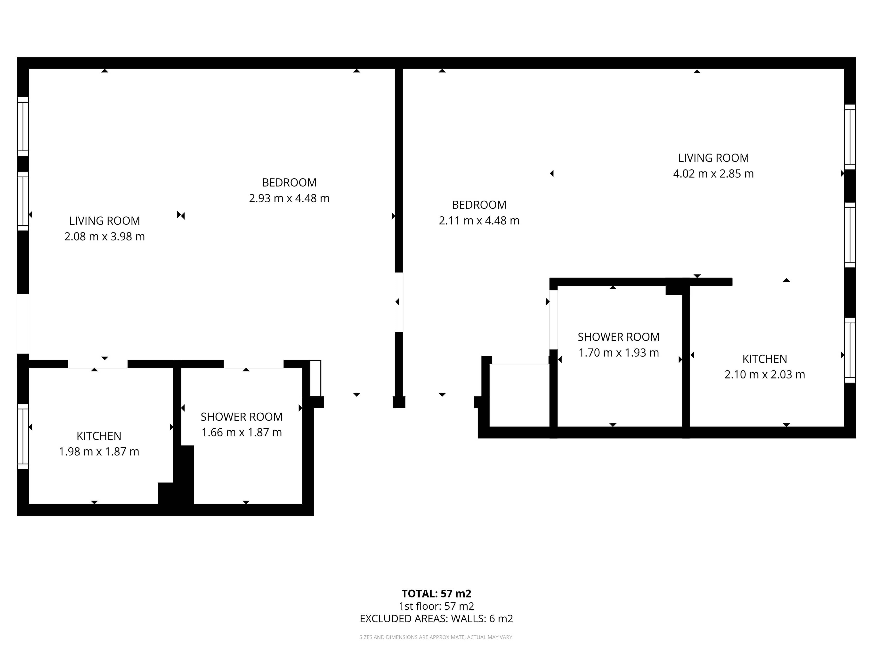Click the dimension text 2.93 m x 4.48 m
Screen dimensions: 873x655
click(289, 198)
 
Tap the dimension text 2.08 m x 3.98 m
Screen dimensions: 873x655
click(105, 237)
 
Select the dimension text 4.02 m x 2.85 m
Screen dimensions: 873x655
click(713, 174)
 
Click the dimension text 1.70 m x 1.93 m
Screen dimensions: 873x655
click(619, 352)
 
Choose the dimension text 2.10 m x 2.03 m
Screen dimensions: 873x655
click(765, 374)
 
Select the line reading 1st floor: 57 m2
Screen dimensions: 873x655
click(436, 606)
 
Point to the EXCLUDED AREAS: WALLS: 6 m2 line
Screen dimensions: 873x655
click(436, 619)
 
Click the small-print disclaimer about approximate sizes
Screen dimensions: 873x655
click(436, 637)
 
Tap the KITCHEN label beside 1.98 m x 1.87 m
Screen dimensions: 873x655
click(99, 436)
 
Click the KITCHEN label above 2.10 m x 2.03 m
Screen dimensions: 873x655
click(765, 359)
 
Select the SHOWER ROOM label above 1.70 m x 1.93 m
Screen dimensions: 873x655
click(619, 337)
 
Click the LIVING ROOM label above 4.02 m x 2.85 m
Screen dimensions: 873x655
click(713, 158)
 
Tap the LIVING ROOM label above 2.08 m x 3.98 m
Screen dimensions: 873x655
click(105, 221)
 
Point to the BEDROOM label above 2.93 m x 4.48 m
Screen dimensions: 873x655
click(289, 182)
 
